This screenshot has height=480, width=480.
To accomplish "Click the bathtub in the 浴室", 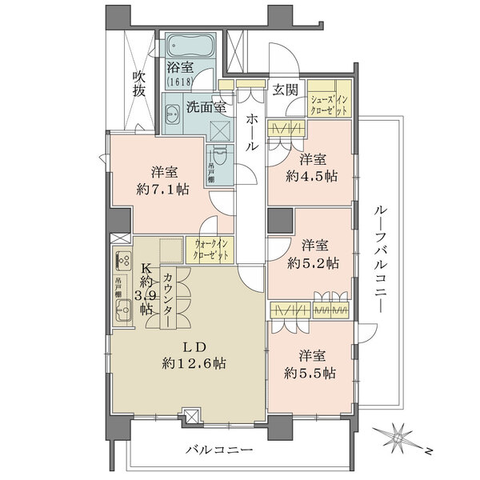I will pos(188,46).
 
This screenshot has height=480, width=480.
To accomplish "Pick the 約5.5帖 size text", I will pos(309,373).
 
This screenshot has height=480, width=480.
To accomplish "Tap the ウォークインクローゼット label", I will pos(210,250).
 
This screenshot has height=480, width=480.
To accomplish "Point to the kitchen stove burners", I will pos(124,260).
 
